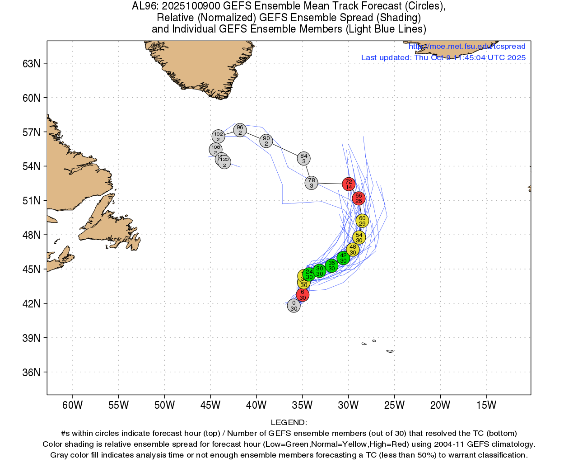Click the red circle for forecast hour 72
(349, 184)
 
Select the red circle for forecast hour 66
(359, 198)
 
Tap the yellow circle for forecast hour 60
(362, 221)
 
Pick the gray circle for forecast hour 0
(294, 306)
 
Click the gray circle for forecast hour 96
(240, 130)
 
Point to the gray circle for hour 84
(304, 158)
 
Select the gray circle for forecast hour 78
(312, 183)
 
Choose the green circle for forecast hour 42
(343, 258)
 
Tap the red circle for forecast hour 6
(303, 295)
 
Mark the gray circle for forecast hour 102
(218, 136)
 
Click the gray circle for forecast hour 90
(266, 141)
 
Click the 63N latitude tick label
(32, 64)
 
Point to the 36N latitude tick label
(32, 373)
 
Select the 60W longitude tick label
(73, 405)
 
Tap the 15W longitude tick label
(486, 405)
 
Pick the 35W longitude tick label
(302, 405)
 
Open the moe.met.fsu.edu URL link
(467, 46)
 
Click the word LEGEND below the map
(289, 422)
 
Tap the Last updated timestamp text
(443, 57)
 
